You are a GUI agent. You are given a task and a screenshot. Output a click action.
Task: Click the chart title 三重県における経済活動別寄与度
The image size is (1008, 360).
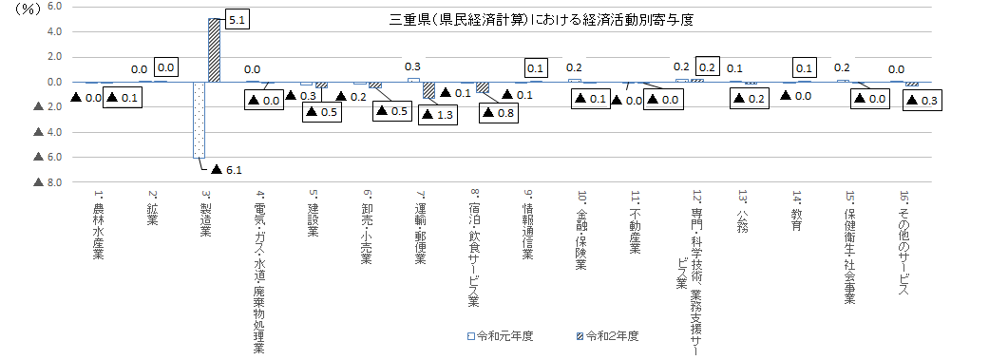(542, 20)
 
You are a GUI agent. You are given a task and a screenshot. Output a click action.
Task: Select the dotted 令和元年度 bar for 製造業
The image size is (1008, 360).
(200, 120)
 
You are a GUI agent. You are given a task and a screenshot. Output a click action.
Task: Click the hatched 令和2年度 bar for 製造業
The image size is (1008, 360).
(214, 50)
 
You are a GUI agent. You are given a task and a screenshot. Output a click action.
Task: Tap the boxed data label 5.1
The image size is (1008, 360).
(236, 20)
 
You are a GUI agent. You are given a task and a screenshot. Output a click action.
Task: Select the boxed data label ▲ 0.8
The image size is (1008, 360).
(498, 113)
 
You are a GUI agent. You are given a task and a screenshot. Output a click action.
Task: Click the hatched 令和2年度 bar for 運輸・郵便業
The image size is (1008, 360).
(428, 90)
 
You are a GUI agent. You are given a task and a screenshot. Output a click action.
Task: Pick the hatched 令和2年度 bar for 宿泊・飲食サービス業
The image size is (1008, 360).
(483, 87)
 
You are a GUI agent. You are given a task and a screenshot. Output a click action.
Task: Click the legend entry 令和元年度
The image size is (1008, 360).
(501, 336)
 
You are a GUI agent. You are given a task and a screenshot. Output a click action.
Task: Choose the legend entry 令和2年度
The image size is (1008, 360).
(608, 336)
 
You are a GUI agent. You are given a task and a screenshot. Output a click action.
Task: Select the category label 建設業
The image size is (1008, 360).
(314, 213)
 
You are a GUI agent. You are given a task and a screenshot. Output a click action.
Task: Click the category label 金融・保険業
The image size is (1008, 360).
(581, 229)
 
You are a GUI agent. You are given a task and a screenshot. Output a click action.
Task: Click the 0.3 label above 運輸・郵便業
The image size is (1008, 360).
(413, 66)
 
